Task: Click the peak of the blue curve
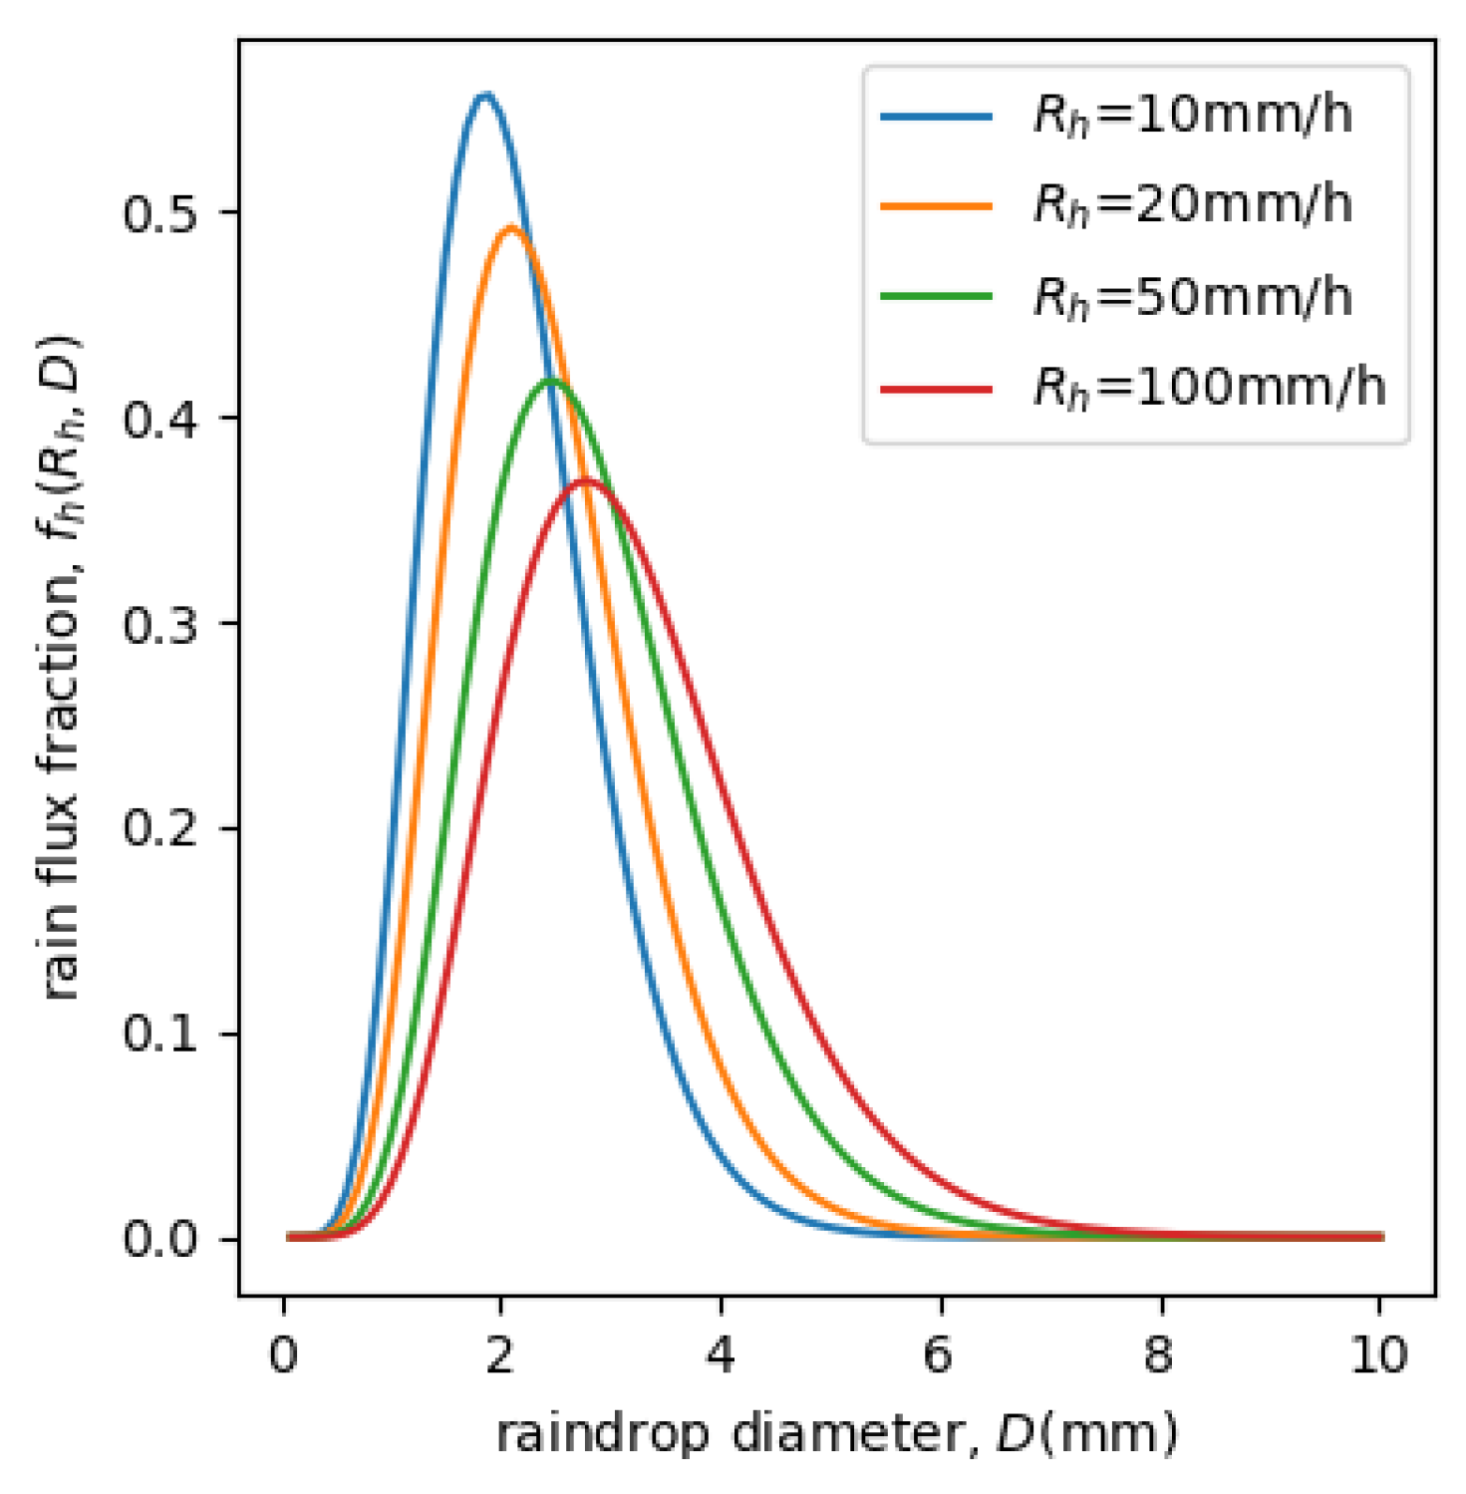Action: tap(484, 96)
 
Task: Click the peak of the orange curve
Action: tap(510, 227)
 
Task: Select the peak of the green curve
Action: tap(550, 381)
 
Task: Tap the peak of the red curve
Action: tap(584, 481)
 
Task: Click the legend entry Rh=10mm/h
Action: tap(1192, 116)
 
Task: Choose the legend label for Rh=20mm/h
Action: tap(1192, 205)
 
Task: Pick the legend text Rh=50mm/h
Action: tap(1192, 297)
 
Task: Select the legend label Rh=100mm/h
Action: tap(1209, 388)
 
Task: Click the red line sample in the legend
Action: tap(936, 388)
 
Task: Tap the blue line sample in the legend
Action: tap(936, 116)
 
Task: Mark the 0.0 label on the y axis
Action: tap(158, 1239)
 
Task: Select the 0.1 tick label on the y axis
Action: tap(158, 1034)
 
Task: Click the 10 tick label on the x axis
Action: tap(1378, 1355)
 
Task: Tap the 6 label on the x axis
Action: tap(939, 1355)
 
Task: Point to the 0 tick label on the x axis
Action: tap(284, 1355)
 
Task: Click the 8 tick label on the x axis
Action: tap(1159, 1355)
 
